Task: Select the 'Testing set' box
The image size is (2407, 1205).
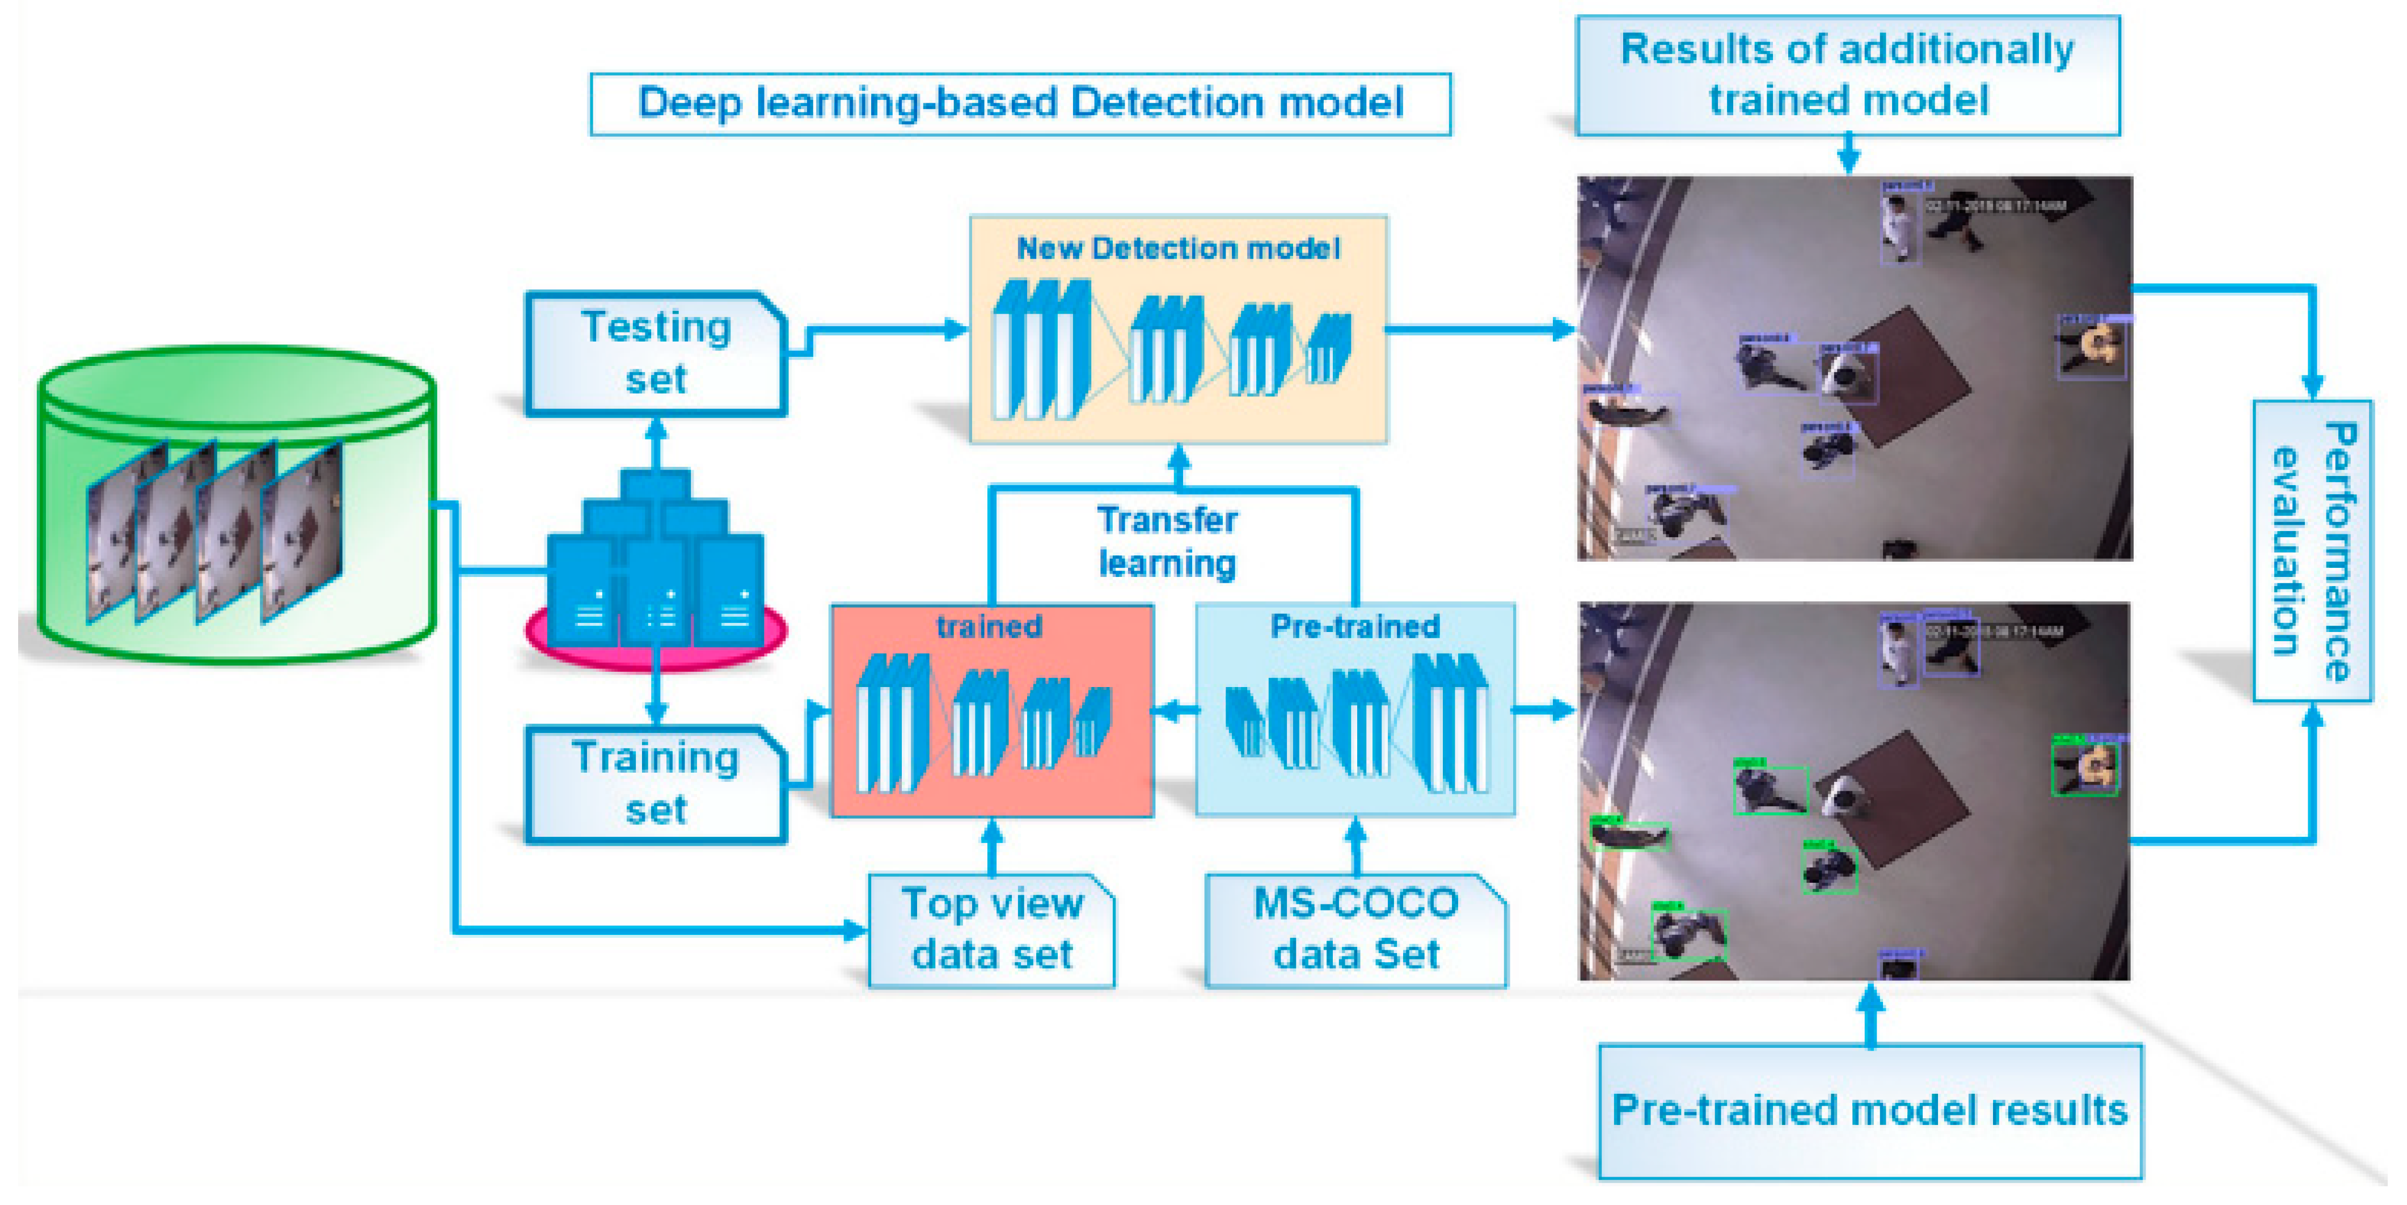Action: (x=656, y=353)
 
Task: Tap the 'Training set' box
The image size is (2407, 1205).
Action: (x=656, y=783)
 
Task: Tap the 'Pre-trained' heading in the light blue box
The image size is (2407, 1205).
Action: (x=1355, y=626)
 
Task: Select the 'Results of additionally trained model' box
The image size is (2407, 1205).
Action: (x=1847, y=75)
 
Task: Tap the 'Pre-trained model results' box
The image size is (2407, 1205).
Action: (x=1870, y=1111)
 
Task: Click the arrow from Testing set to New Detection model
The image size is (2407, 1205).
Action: (x=879, y=329)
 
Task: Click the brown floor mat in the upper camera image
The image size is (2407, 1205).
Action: (x=1906, y=374)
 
